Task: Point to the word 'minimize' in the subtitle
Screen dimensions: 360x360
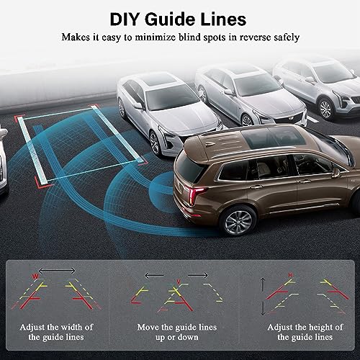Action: [161, 36]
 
